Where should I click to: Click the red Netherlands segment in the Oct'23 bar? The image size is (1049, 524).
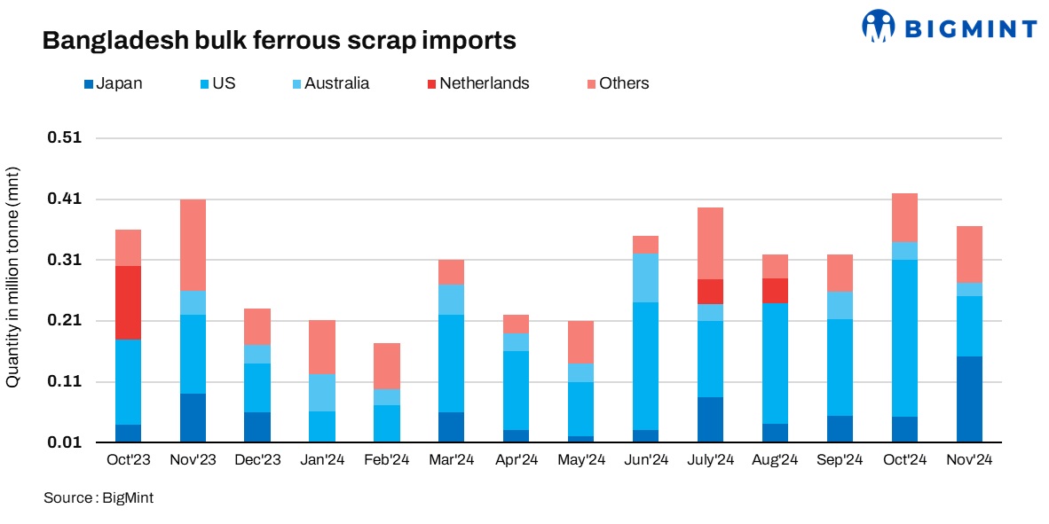pyautogui.click(x=128, y=302)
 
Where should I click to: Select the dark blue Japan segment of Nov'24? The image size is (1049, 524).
pyautogui.click(x=969, y=399)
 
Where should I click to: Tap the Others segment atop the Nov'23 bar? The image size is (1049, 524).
pyautogui.click(x=193, y=245)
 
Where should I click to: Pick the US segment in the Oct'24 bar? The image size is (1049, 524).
pyautogui.click(x=904, y=338)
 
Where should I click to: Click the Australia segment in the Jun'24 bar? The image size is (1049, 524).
pyautogui.click(x=645, y=278)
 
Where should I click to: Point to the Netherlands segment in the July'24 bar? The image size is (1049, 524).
pyautogui.click(x=710, y=292)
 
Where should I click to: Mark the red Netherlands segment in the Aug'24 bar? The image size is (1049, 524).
pyautogui.click(x=775, y=291)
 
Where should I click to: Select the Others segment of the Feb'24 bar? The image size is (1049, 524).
pyautogui.click(x=387, y=366)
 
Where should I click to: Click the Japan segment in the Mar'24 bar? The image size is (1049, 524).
pyautogui.click(x=451, y=427)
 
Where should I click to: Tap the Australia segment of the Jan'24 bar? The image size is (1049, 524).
pyautogui.click(x=322, y=393)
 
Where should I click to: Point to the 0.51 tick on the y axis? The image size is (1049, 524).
pyautogui.click(x=64, y=138)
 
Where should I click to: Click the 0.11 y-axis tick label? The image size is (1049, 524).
pyautogui.click(x=64, y=382)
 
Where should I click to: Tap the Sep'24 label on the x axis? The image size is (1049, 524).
pyautogui.click(x=840, y=460)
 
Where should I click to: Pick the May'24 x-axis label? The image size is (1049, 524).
pyautogui.click(x=580, y=460)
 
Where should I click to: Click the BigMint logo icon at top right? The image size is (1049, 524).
pyautogui.click(x=879, y=26)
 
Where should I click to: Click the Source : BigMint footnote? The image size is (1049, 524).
pyautogui.click(x=99, y=498)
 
